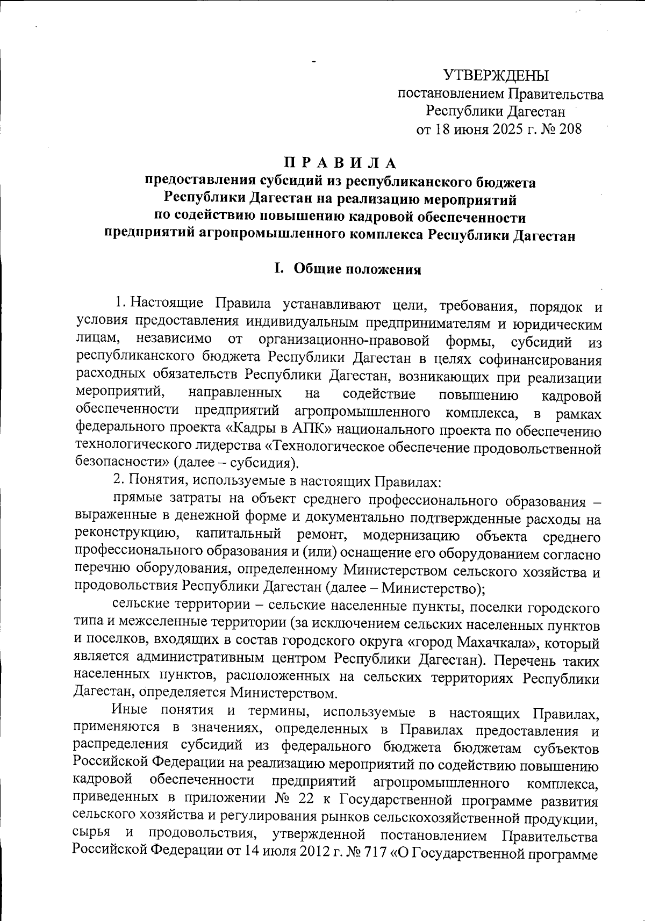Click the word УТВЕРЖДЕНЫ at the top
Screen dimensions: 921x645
click(x=496, y=76)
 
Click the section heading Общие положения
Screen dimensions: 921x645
click(x=357, y=270)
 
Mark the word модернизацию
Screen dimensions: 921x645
click(x=411, y=536)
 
